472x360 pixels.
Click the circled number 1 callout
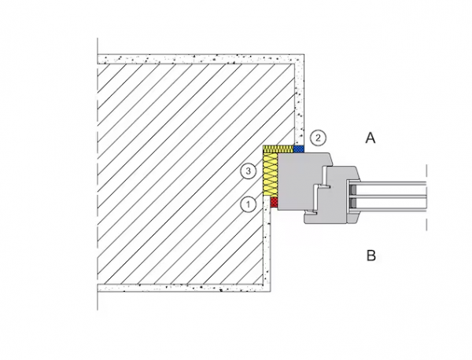pos(248,204)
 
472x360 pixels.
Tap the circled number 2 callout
pos(317,138)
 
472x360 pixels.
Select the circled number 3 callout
pos(248,171)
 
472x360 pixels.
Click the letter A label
pos(371,138)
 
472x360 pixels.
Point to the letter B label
pos(371,255)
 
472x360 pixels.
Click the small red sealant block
pos(274,203)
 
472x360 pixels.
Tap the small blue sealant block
pos(298,148)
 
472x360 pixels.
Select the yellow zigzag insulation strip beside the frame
pos(271,173)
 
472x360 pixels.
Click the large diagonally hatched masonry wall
pos(181,173)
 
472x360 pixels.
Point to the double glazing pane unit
pos(393,194)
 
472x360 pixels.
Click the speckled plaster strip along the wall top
pos(197,58)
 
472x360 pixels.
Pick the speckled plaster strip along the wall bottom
pos(181,285)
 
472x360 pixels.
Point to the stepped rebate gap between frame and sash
pos(320,193)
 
